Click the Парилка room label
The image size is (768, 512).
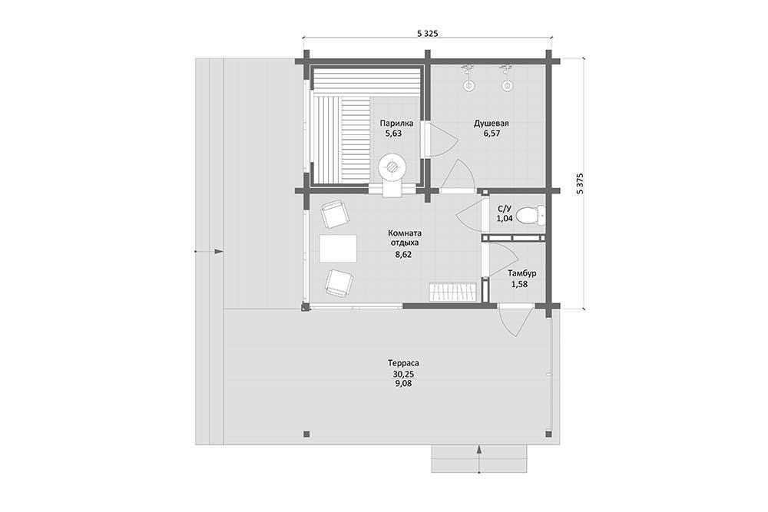point(396,124)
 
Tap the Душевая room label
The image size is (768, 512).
point(491,124)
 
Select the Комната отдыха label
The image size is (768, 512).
point(404,237)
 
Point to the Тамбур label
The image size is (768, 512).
point(521,273)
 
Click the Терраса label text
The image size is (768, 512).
point(403,363)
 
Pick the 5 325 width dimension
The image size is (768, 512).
point(427,33)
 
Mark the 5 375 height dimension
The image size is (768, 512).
point(580,183)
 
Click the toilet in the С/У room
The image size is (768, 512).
point(531,216)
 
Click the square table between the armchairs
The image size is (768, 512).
point(338,249)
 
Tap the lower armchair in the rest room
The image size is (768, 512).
point(339,282)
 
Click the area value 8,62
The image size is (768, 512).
point(402,255)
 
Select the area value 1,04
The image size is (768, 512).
point(505,219)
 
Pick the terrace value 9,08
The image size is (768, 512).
point(402,384)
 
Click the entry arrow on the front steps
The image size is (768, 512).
point(478,458)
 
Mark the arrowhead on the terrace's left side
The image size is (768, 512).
point(218,252)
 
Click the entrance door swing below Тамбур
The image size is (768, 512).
point(515,320)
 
